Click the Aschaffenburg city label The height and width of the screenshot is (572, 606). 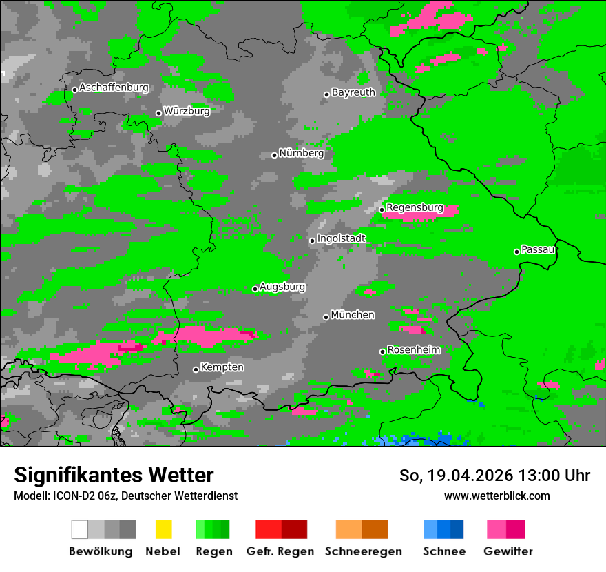[114, 88]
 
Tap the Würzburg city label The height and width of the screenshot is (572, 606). [187, 110]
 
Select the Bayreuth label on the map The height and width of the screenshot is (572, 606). [353, 92]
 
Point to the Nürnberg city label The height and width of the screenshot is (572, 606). [301, 153]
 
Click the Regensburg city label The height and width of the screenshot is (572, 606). [415, 207]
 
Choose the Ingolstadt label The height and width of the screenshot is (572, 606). [341, 238]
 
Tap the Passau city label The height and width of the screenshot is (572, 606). [538, 249]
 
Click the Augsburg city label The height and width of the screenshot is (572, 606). [282, 287]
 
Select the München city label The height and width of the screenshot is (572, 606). [353, 315]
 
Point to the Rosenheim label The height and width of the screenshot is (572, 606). [413, 349]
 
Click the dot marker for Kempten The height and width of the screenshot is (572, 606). [196, 369]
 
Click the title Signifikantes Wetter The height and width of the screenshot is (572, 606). [114, 475]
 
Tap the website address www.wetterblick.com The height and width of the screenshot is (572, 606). [497, 496]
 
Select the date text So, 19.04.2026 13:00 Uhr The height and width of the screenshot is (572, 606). [494, 476]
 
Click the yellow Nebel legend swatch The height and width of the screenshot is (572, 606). [163, 529]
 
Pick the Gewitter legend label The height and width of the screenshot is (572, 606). [508, 551]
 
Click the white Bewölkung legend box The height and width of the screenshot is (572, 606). [80, 529]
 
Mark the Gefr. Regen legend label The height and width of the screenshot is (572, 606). [280, 551]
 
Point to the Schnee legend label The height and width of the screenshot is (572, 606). [443, 551]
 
